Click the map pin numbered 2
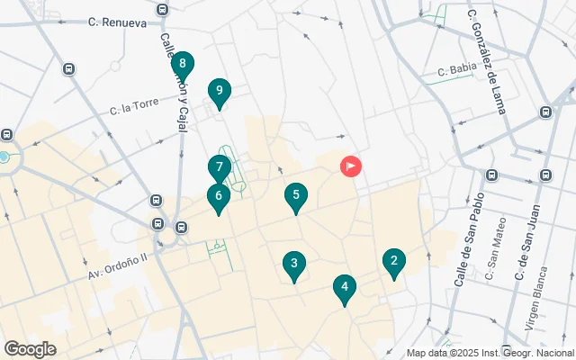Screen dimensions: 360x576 [x=392, y=262]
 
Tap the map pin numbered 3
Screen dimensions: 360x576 [x=293, y=265]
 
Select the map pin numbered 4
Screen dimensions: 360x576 [x=344, y=289]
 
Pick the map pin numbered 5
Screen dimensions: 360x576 [x=296, y=195]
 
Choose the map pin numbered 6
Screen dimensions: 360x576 [x=218, y=196]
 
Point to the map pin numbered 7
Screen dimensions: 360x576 [x=219, y=168]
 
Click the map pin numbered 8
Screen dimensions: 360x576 [x=183, y=64]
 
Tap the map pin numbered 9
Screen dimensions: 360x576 [x=219, y=91]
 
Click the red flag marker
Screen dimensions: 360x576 [x=350, y=166]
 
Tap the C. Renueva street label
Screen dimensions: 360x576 [x=119, y=22]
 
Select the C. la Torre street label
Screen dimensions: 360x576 [x=134, y=108]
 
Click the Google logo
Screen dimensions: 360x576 [x=30, y=349]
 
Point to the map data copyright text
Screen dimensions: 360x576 [x=490, y=354]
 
